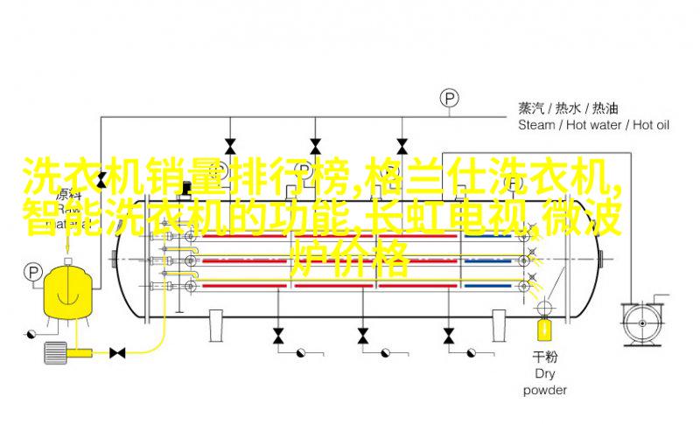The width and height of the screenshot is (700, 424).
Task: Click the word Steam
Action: point(536,125)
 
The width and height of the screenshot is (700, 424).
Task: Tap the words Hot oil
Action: point(651,125)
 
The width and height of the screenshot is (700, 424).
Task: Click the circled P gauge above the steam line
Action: point(449,98)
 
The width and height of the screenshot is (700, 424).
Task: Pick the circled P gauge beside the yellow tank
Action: point(32,272)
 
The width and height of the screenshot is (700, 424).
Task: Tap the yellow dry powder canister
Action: point(544,330)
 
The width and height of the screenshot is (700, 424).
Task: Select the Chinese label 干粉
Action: point(544,357)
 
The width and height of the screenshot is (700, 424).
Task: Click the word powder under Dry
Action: point(544,390)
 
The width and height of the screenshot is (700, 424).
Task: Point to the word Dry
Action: point(544,373)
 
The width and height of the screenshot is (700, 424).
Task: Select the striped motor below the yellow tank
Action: point(55,352)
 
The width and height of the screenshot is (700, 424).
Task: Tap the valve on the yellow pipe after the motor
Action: point(117,353)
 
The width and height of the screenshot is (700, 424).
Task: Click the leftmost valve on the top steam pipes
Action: point(230,147)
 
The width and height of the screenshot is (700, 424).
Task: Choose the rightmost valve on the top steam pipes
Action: point(402,147)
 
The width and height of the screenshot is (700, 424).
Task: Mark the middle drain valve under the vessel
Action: point(363,336)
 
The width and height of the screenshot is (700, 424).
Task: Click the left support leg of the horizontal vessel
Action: point(216,325)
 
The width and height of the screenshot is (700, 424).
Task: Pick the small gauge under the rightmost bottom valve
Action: point(471,353)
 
